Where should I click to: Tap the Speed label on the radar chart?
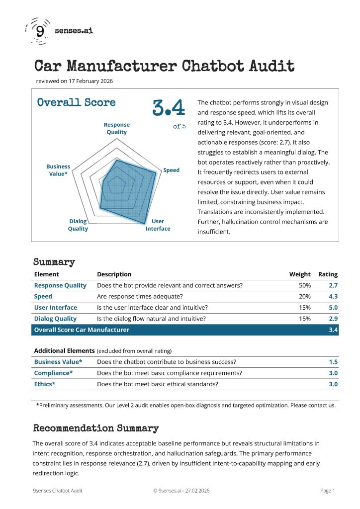click(x=172, y=170)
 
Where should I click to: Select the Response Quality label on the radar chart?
click(x=117, y=128)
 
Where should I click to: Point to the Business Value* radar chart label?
click(x=58, y=170)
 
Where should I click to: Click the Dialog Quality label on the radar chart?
click(x=78, y=225)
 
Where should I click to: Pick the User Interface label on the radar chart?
click(x=158, y=225)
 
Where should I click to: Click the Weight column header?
click(x=300, y=274)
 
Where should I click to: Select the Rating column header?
click(x=328, y=274)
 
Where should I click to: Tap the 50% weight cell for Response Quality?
click(x=305, y=285)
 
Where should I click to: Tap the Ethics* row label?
click(x=45, y=384)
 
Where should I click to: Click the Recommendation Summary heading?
click(x=96, y=428)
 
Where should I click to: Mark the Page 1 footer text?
click(x=327, y=491)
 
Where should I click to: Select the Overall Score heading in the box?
click(x=77, y=102)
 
